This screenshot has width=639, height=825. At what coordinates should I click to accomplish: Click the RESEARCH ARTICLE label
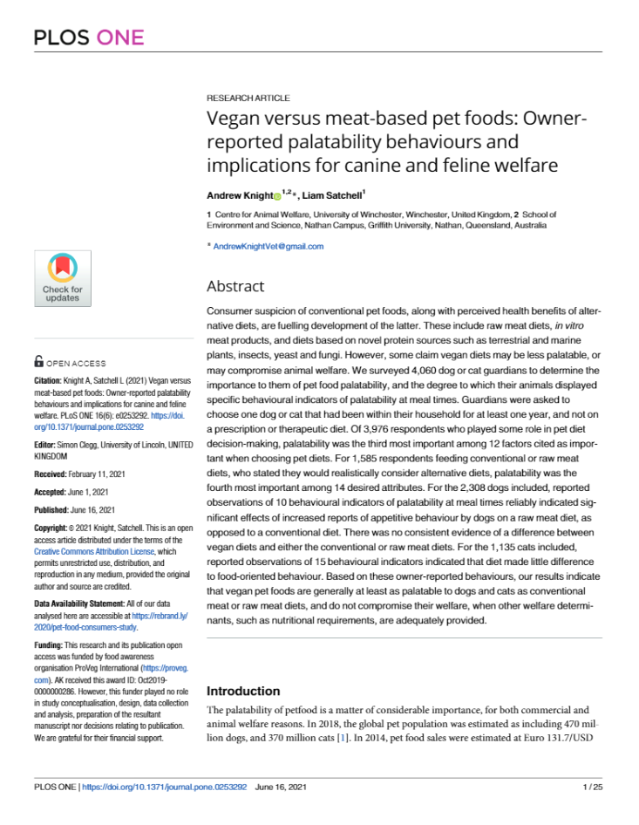click(x=248, y=99)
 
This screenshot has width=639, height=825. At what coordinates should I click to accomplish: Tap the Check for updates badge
click(x=62, y=278)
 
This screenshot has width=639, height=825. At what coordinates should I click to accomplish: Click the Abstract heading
click(x=235, y=286)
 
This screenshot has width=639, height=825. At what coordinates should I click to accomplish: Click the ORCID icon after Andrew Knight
click(x=277, y=196)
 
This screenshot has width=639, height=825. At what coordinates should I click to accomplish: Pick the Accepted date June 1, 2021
click(x=89, y=491)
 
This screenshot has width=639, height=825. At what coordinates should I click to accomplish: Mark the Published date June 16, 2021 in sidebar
click(x=92, y=509)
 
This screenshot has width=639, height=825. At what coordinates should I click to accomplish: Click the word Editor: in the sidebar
click(x=47, y=444)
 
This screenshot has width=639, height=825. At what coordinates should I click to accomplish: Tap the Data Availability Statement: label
click(x=83, y=603)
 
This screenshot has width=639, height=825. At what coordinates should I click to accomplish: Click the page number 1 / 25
click(x=591, y=787)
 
